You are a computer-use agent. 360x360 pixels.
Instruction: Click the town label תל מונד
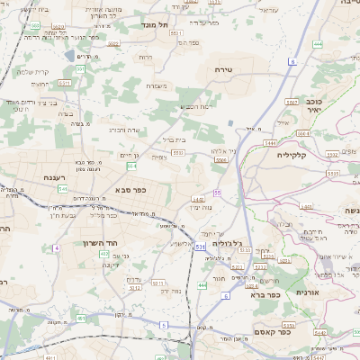pyautogui.click(x=156, y=26)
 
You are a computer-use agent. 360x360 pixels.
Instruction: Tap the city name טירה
pyautogui.click(x=225, y=68)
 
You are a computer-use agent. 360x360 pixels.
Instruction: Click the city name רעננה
pyautogui.click(x=58, y=177)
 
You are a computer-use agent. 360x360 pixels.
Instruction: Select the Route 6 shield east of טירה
pyautogui.click(x=292, y=61)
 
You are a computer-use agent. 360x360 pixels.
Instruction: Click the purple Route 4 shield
pyautogui.click(x=55, y=247)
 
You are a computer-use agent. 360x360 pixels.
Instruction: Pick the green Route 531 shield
pyautogui.click(x=200, y=245)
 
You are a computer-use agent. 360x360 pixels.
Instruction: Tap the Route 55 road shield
pyautogui.click(x=218, y=192)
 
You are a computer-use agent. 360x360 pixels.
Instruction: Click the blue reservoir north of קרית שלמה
pyautogui.click(x=68, y=56)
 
